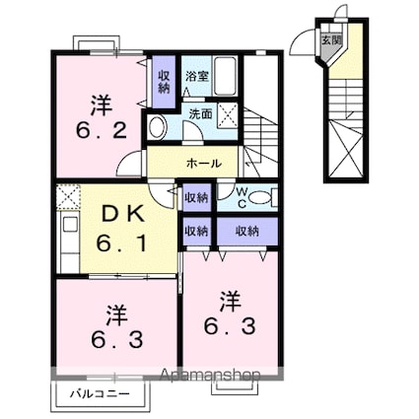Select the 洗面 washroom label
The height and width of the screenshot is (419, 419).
point(199,113)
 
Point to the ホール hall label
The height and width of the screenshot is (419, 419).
point(203,163)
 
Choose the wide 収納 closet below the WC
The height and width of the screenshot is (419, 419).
point(247,231)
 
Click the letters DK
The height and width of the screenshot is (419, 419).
point(118,211)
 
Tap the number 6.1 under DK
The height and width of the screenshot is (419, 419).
point(118,241)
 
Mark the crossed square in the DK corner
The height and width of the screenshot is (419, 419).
point(70,196)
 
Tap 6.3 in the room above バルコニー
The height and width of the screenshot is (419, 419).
point(115,341)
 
